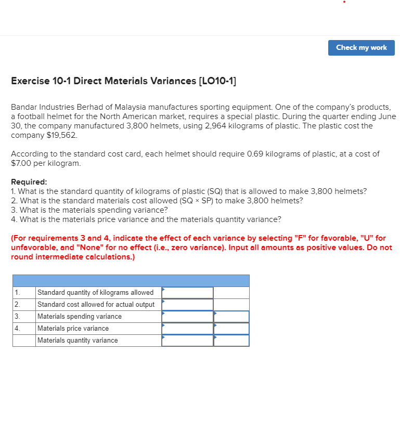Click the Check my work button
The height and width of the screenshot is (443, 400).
[x=361, y=47]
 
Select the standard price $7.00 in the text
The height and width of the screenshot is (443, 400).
[x=22, y=163]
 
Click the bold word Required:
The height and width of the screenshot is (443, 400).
[x=29, y=182]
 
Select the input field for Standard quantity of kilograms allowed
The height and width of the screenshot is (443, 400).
[x=187, y=293]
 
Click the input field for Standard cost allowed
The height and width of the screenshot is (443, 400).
[x=187, y=305]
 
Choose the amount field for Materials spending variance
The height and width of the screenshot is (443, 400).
[x=187, y=317]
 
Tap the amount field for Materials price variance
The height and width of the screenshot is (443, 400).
[x=187, y=329]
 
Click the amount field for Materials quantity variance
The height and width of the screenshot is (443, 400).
[x=187, y=341]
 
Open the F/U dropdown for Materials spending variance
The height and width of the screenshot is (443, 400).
[x=231, y=317]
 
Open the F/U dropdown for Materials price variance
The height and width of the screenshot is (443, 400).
[x=231, y=329]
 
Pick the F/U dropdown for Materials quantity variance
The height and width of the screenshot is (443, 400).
[x=231, y=341]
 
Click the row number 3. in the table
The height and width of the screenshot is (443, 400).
[x=17, y=317]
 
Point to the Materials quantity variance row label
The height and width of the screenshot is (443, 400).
[x=78, y=341]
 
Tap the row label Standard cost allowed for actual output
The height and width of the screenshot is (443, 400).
[x=96, y=305]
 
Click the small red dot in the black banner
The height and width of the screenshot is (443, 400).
[x=344, y=2]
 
